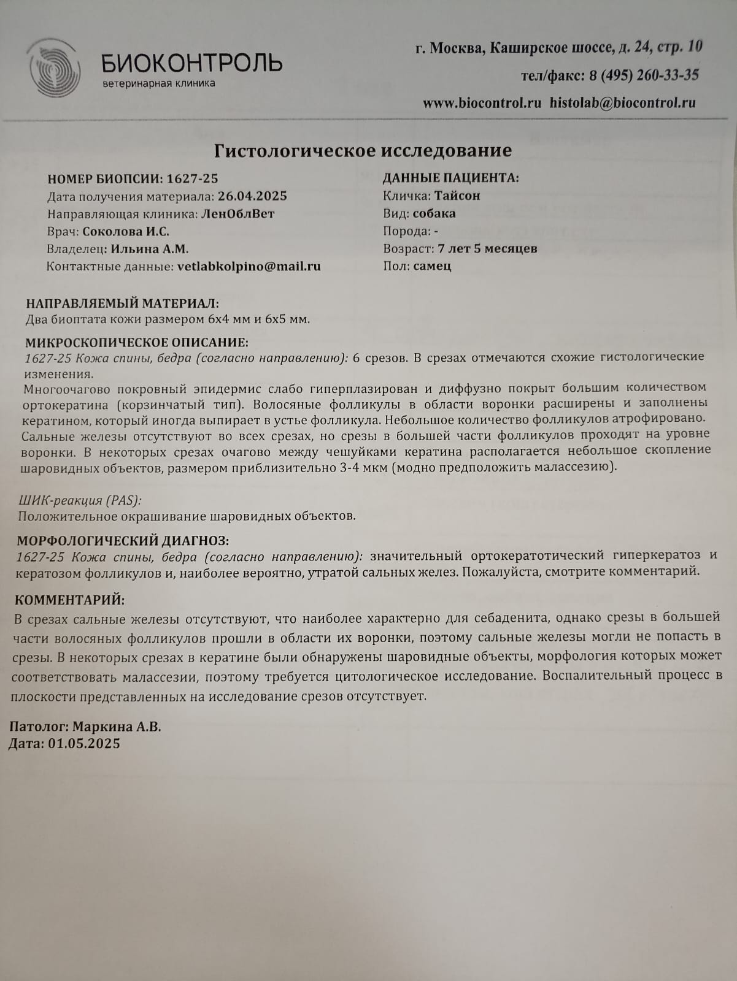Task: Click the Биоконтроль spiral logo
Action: click(55, 68)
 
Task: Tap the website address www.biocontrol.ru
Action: click(482, 103)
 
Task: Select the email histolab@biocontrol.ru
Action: click(622, 103)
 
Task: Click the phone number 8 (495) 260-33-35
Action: click(644, 75)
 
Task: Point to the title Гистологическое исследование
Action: click(363, 150)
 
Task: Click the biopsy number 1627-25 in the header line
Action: click(192, 178)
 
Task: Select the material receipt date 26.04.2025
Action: click(252, 196)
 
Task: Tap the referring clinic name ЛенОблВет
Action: click(237, 214)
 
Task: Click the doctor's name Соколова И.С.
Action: click(126, 232)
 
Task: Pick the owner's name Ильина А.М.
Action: click(150, 249)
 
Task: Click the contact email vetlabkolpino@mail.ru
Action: click(249, 267)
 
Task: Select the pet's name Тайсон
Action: click(457, 196)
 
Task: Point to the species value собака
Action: click(434, 213)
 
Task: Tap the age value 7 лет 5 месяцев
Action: click(487, 248)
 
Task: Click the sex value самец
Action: click(432, 266)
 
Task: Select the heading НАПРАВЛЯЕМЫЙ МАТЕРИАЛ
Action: click(122, 303)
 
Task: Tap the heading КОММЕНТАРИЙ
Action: click(69, 600)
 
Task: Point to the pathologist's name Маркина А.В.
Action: click(117, 727)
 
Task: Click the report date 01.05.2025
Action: click(84, 744)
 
